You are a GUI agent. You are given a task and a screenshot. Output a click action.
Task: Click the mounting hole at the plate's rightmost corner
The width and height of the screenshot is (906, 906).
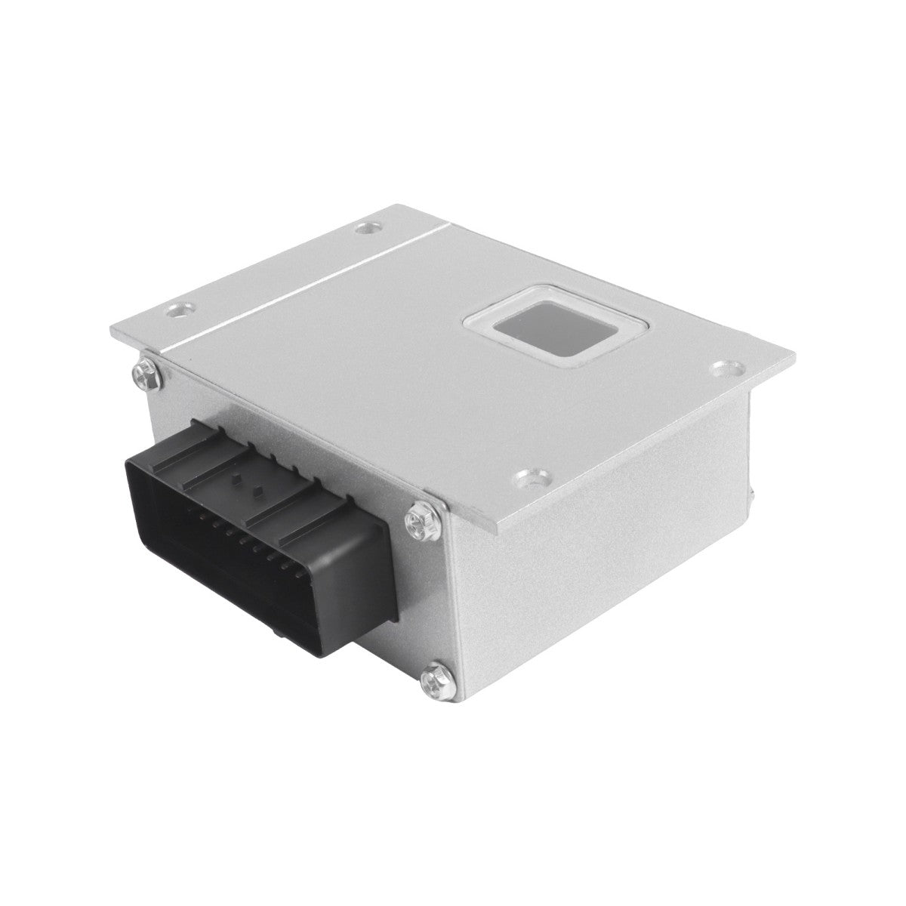[x=726, y=370]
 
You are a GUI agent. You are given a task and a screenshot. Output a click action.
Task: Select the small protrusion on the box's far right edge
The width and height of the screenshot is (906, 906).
[x=753, y=495]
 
